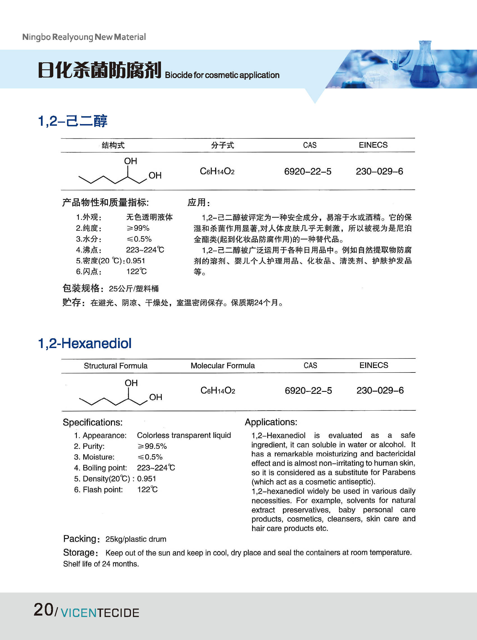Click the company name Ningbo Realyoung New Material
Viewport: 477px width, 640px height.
[x=84, y=37]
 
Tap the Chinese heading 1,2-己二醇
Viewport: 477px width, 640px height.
[x=72, y=121]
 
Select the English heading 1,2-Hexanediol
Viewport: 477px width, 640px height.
[x=85, y=343]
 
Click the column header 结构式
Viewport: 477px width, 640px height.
[x=113, y=145]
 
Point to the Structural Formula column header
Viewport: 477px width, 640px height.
[x=116, y=366]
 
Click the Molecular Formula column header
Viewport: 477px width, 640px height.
[x=223, y=366]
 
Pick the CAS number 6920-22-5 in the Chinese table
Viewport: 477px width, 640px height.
[x=308, y=172]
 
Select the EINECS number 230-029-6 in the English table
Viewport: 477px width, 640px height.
[x=380, y=390]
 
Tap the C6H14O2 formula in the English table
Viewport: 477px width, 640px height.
[x=218, y=390]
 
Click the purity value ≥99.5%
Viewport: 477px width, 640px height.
[x=152, y=446]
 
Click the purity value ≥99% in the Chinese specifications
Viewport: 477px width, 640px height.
[x=138, y=228]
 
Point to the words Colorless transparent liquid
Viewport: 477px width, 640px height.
[x=184, y=435]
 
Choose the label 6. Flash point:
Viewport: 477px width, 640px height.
[x=98, y=489]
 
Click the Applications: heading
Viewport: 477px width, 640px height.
[x=271, y=422]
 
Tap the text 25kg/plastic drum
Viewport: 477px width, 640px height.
[x=136, y=539]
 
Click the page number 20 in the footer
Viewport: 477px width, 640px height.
[x=43, y=610]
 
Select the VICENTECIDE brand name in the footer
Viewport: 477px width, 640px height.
[x=100, y=613]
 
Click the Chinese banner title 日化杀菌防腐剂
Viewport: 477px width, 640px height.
[x=99, y=70]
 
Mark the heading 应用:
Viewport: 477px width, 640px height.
[x=199, y=202]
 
